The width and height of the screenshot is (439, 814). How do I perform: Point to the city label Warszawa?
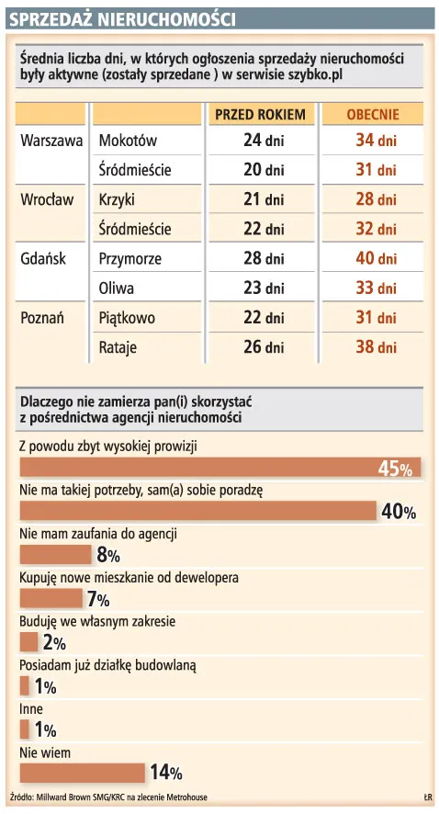(51, 141)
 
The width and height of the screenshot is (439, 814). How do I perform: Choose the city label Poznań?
(43, 318)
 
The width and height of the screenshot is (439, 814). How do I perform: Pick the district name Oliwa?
(116, 288)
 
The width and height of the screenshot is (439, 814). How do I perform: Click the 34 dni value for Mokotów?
(375, 141)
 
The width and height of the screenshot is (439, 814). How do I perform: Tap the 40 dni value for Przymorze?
(375, 259)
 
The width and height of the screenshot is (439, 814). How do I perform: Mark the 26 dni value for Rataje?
(263, 347)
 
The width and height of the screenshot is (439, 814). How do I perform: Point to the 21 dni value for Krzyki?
(263, 200)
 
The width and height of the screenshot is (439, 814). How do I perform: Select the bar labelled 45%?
(219, 467)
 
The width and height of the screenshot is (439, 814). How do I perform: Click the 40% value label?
(399, 512)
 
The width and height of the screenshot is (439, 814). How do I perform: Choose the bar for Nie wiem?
(82, 773)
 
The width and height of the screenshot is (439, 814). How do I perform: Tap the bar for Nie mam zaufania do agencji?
(55, 554)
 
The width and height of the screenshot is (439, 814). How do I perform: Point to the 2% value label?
(54, 643)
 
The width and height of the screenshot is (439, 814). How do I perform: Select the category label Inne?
(31, 709)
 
